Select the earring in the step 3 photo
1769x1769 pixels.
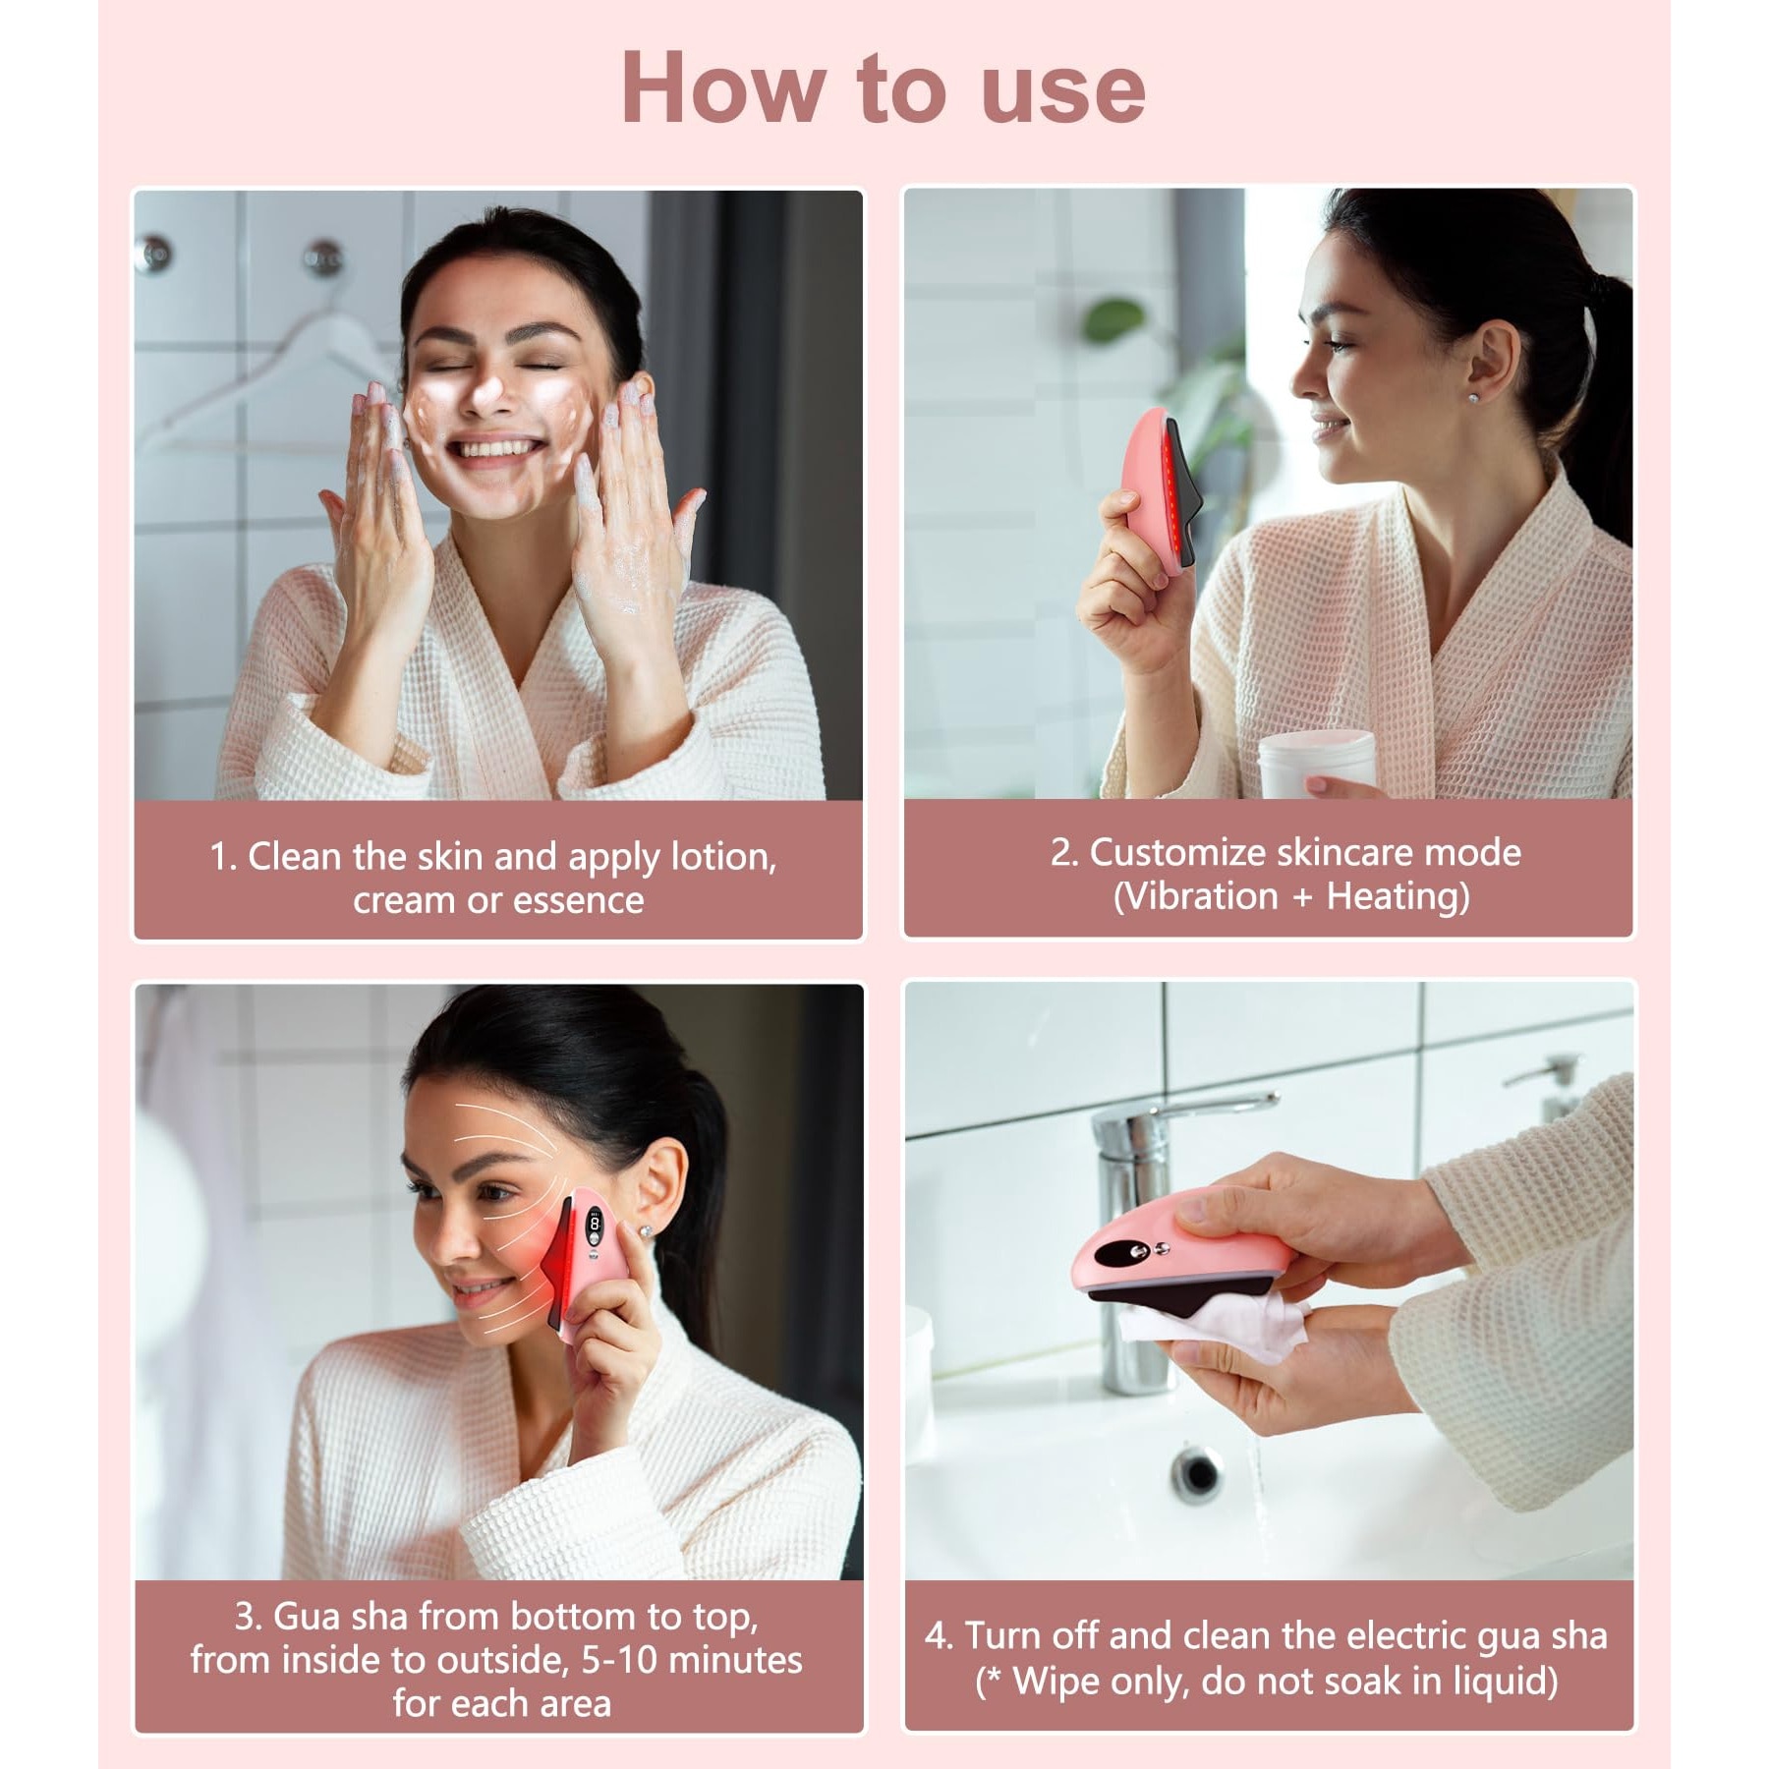(649, 1230)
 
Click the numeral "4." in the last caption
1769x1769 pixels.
(939, 1636)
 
